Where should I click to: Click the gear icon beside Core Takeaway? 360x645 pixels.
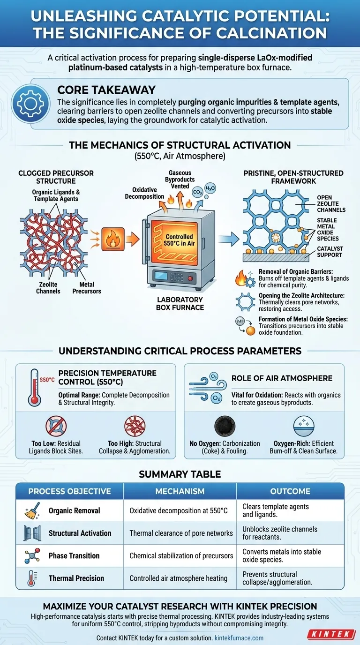(31, 103)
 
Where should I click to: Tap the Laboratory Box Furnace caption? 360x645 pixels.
(180, 303)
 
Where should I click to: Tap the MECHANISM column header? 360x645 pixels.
(180, 491)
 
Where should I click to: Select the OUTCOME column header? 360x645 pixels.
(290, 491)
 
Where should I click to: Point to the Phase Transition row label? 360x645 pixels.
(74, 555)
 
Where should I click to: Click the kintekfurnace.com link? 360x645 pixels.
(239, 638)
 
